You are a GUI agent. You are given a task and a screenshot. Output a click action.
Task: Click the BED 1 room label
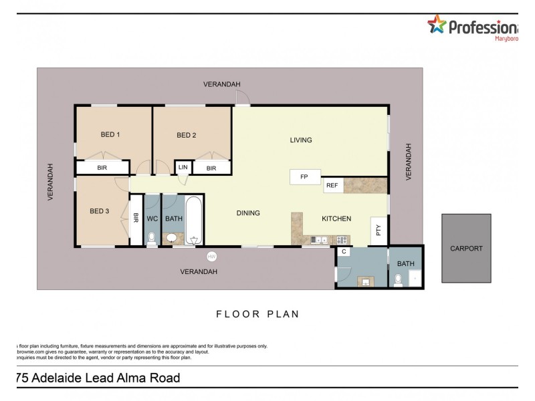point(110,134)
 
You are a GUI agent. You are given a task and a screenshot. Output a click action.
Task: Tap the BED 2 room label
point(186,135)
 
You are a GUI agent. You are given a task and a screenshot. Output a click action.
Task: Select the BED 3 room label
point(99,212)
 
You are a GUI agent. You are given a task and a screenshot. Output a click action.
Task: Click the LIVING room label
point(301,140)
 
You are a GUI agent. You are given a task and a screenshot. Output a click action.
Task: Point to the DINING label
point(248,213)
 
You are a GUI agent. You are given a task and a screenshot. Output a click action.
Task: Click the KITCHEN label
point(336,219)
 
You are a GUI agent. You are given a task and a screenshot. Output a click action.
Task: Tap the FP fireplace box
point(304,177)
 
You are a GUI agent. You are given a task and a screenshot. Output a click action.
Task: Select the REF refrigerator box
point(332,186)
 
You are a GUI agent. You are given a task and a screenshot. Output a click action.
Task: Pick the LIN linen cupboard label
point(183,168)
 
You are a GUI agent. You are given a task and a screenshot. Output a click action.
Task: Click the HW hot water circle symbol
point(212,257)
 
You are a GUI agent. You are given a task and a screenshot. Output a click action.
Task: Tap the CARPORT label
point(466,248)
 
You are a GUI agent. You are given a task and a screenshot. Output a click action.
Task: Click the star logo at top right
point(437,25)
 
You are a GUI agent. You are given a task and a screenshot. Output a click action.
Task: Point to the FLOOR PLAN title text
point(257,313)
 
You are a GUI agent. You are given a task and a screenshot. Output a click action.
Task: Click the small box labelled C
point(344,252)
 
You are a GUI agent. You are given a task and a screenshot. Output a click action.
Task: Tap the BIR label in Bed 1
point(102,168)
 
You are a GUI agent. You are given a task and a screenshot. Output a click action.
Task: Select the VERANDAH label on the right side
point(409,162)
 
